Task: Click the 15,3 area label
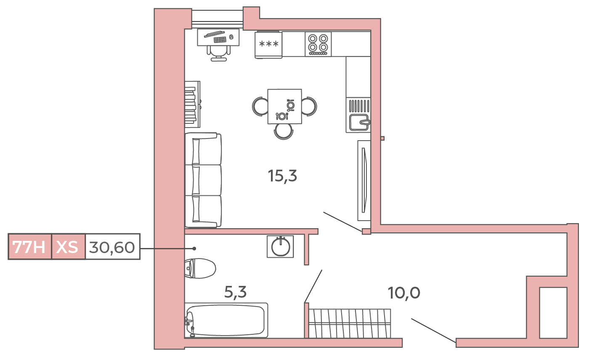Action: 282,176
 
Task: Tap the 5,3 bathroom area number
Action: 235,292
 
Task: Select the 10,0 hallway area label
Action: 404,293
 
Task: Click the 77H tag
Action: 29,247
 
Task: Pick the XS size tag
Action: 68,247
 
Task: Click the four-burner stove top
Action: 318,44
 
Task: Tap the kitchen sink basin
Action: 358,123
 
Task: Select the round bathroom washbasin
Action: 280,247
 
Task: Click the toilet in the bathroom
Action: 200,269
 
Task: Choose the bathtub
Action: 226,320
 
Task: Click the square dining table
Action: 284,106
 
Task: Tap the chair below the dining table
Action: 284,131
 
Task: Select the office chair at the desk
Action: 218,53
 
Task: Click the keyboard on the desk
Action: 220,40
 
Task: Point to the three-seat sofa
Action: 203,180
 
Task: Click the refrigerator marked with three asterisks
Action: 268,44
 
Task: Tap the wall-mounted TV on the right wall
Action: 364,180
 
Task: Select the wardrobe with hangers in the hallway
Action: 350,323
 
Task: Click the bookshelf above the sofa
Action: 192,104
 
